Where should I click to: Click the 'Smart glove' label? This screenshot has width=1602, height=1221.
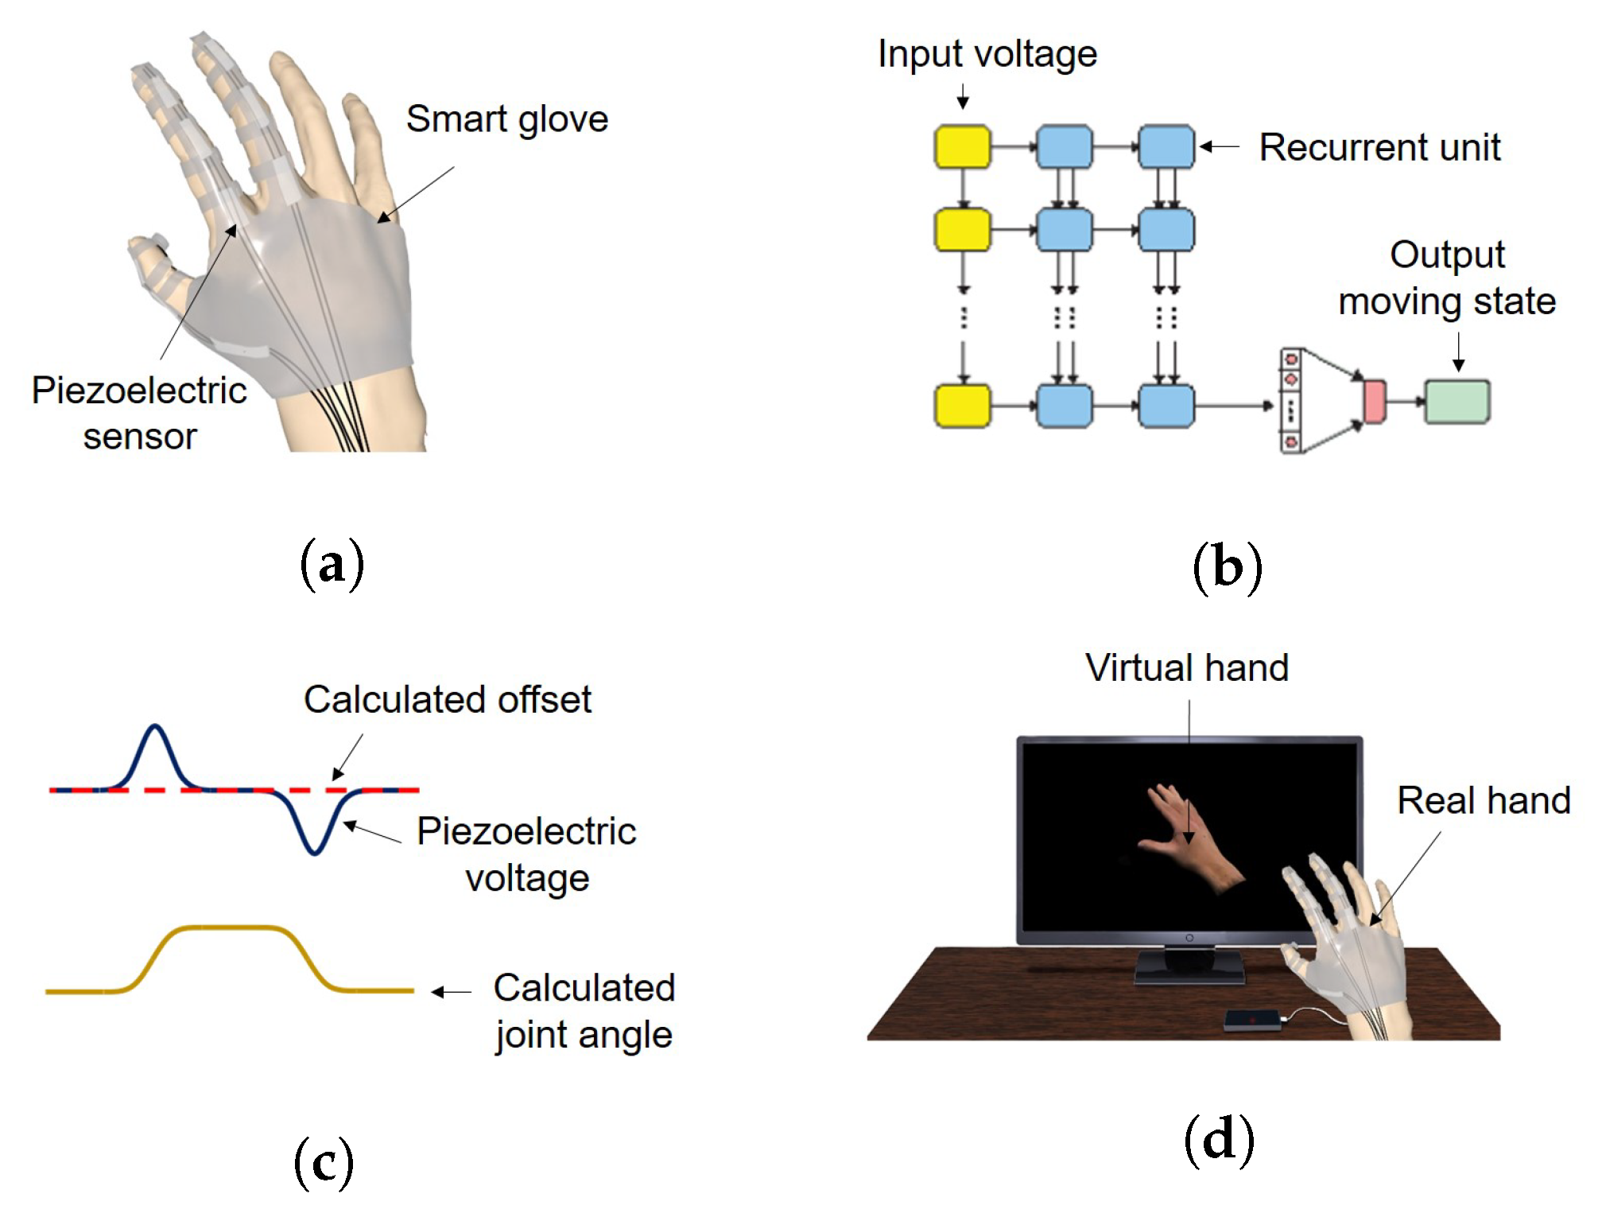point(506,120)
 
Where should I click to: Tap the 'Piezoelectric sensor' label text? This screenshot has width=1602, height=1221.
point(139,413)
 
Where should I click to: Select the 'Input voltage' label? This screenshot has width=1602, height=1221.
point(987,54)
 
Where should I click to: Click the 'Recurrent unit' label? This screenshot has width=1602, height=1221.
point(1379,148)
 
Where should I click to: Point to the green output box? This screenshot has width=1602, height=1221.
point(1457,402)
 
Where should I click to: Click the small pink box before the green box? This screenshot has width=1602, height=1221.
point(1374,402)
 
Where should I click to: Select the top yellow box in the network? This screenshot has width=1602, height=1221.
point(962,146)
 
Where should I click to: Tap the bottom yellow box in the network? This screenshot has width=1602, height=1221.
point(962,406)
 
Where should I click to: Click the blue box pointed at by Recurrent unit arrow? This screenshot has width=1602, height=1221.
point(1166,146)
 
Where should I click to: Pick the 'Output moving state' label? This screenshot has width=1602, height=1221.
point(1446,278)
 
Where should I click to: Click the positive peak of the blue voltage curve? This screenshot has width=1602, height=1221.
point(155,727)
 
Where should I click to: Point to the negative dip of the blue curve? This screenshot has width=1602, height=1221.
point(315,852)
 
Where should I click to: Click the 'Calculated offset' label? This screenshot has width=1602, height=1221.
point(447,700)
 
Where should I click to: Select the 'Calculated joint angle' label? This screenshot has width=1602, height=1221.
point(584,1011)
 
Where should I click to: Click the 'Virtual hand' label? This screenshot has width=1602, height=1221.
point(1186,668)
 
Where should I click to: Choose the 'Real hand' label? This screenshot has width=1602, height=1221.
point(1484,800)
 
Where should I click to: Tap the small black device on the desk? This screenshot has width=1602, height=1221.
point(1253,1019)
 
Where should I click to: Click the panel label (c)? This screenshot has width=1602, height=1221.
point(324,1164)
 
